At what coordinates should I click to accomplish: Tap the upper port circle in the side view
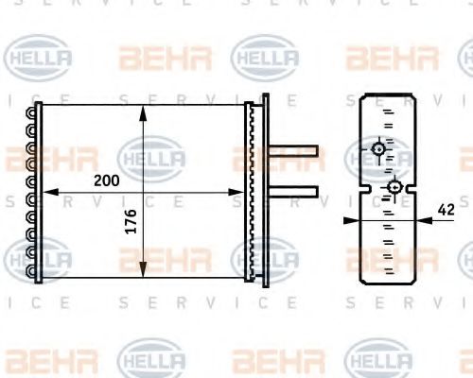pyautogui.click(x=378, y=148)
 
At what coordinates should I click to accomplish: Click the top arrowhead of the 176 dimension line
pyautogui.click(x=143, y=111)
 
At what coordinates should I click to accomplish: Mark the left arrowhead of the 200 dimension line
pyautogui.click(x=47, y=192)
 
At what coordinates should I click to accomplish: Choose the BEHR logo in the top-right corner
pyautogui.click(x=392, y=59)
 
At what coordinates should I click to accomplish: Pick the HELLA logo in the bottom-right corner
pyautogui.click(x=378, y=361)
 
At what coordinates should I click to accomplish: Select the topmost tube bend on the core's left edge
pyautogui.click(x=35, y=112)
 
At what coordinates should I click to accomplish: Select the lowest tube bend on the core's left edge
pyautogui.click(x=35, y=271)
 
